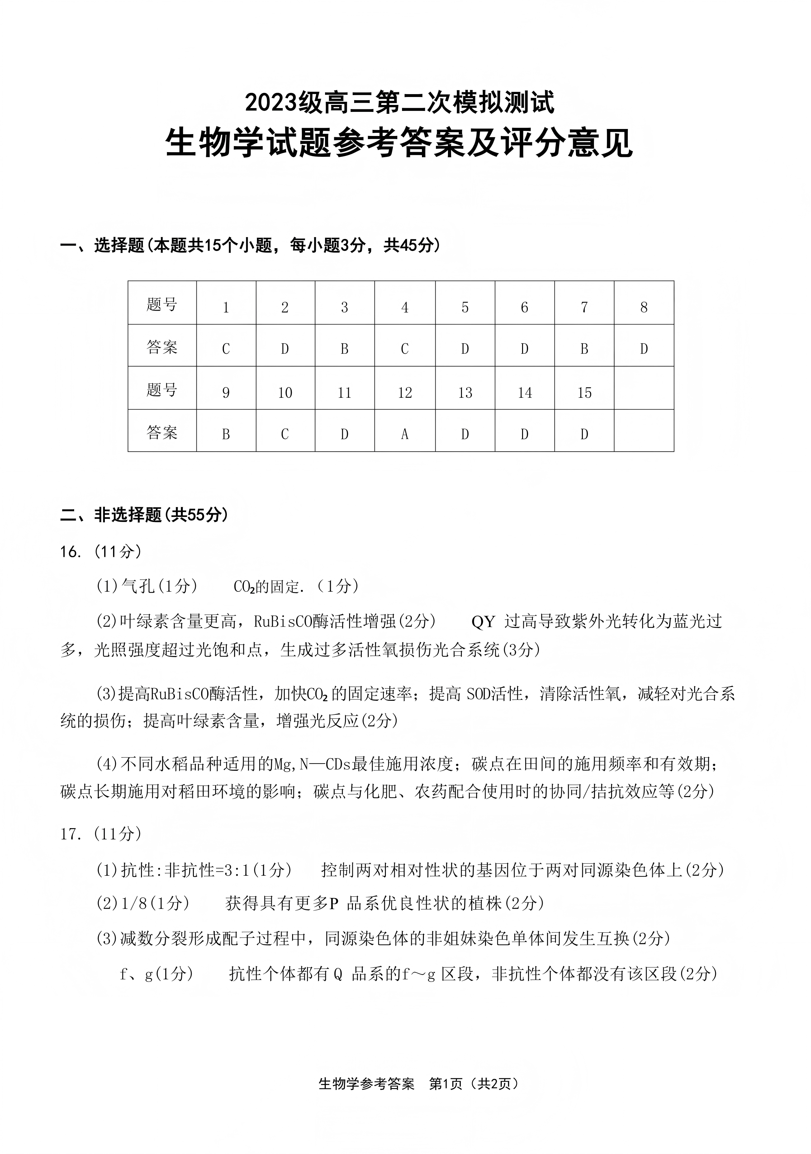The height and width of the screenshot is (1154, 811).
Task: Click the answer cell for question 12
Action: (x=405, y=434)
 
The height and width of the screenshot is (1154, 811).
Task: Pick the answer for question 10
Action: (x=285, y=434)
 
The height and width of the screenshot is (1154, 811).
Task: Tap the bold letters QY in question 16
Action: (x=483, y=622)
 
